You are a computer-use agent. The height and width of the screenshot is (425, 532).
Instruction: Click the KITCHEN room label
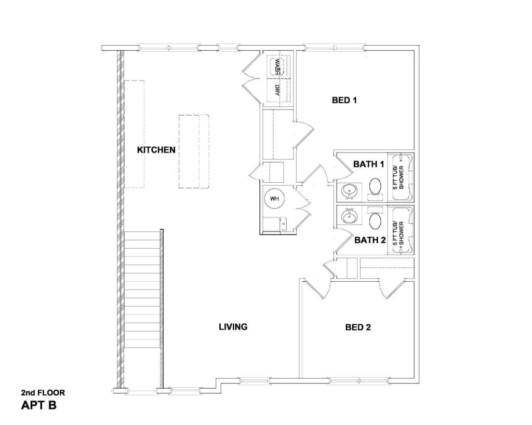click(x=156, y=150)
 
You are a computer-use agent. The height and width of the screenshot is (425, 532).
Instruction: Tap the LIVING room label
click(x=233, y=327)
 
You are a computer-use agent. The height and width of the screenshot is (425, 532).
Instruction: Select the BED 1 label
click(x=344, y=100)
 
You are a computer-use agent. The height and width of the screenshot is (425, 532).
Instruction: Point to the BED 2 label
click(x=358, y=327)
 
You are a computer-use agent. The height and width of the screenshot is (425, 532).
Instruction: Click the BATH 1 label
click(x=369, y=164)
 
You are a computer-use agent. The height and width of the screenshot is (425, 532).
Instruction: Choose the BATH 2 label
click(x=370, y=240)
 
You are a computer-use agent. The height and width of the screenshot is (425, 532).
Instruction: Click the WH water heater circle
click(x=274, y=199)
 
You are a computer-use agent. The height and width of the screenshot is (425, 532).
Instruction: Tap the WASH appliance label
click(x=277, y=66)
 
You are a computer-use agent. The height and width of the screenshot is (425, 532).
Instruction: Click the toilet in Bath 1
click(x=375, y=188)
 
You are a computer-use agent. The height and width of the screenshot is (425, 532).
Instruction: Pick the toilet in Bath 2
click(x=375, y=218)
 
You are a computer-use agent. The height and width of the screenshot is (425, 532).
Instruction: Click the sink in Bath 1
click(x=349, y=192)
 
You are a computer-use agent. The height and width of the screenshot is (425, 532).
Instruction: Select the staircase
click(x=142, y=290)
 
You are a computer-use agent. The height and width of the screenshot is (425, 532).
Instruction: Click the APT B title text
click(x=38, y=405)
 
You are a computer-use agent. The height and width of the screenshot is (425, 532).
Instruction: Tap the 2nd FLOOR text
click(x=43, y=393)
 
